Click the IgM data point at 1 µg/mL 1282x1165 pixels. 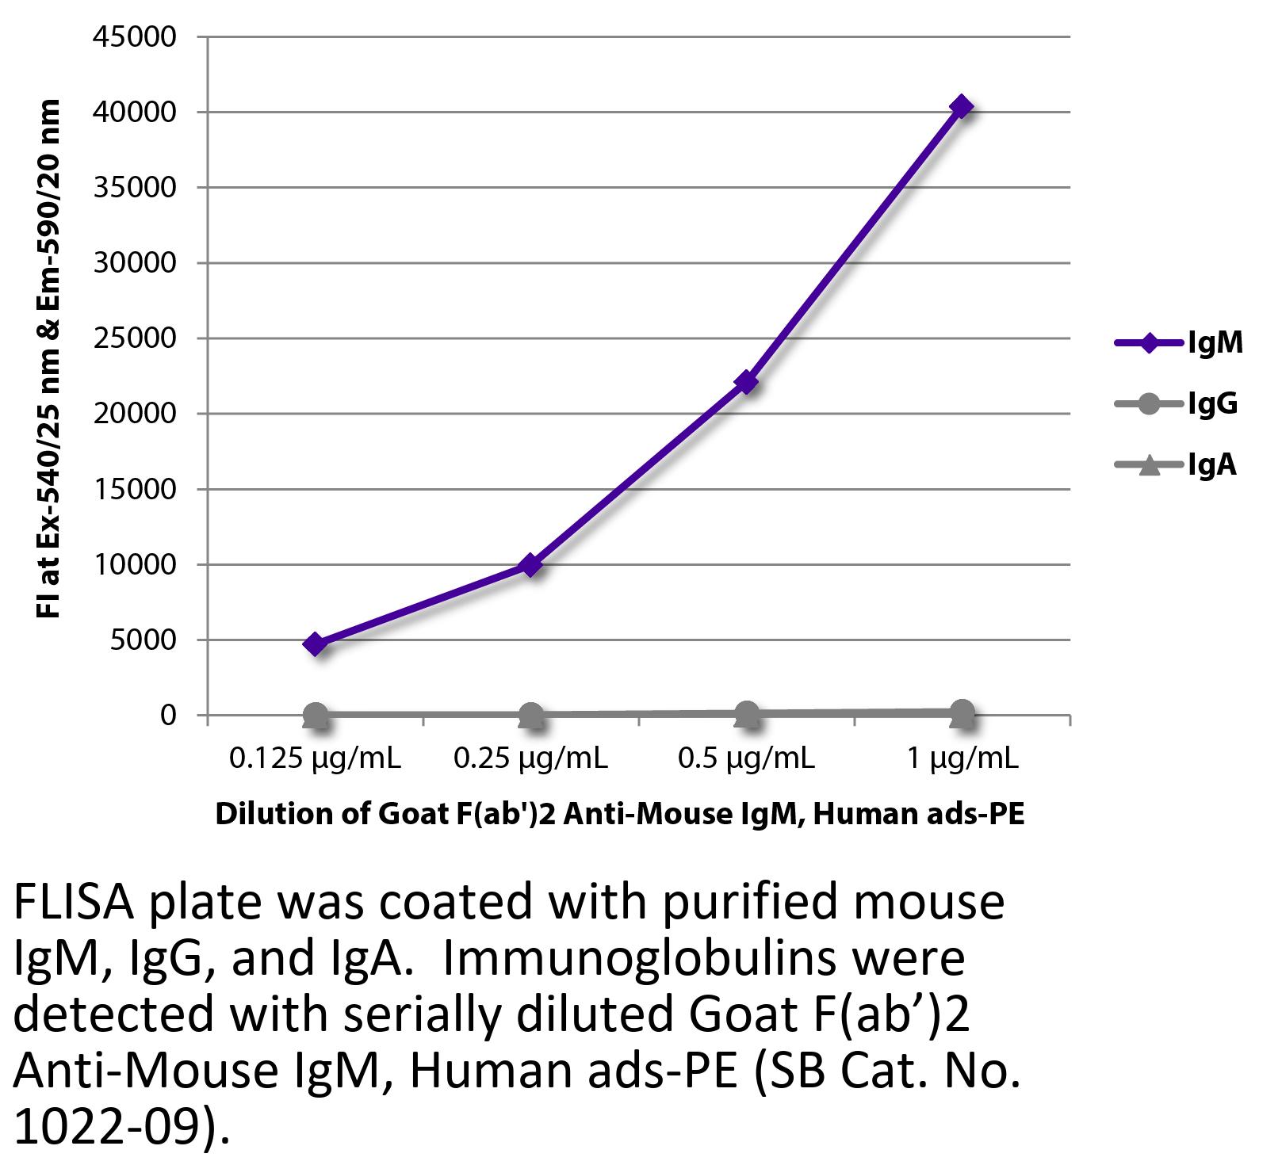point(962,106)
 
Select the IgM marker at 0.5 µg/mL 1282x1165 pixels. point(746,383)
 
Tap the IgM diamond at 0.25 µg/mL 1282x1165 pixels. point(530,565)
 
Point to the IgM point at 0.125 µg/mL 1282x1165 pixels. point(315,644)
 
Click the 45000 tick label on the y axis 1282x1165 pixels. point(135,37)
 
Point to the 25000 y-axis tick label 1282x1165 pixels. point(135,338)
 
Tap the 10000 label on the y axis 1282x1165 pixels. point(135,564)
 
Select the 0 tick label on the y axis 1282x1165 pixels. point(167,715)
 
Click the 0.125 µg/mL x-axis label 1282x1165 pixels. point(315,758)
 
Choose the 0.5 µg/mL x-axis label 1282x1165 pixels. point(746,758)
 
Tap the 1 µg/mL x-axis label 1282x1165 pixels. point(962,758)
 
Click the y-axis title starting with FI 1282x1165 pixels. point(49,359)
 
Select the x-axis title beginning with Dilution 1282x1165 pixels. point(619,815)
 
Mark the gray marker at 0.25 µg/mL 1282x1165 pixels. point(530,716)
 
